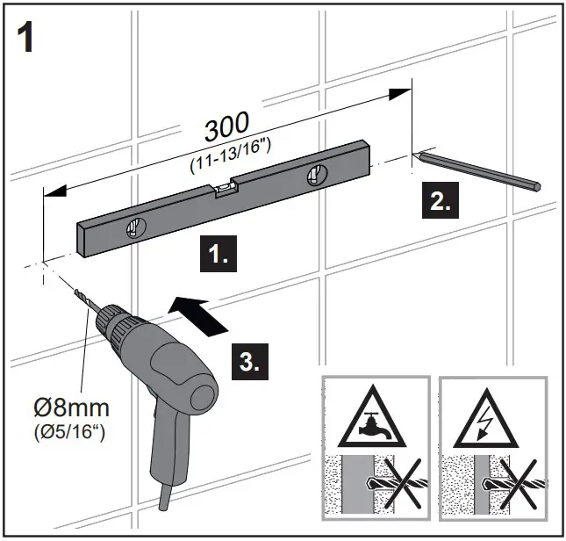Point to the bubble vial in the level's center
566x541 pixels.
[x=226, y=186]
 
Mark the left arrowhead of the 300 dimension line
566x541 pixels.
[x=53, y=190]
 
